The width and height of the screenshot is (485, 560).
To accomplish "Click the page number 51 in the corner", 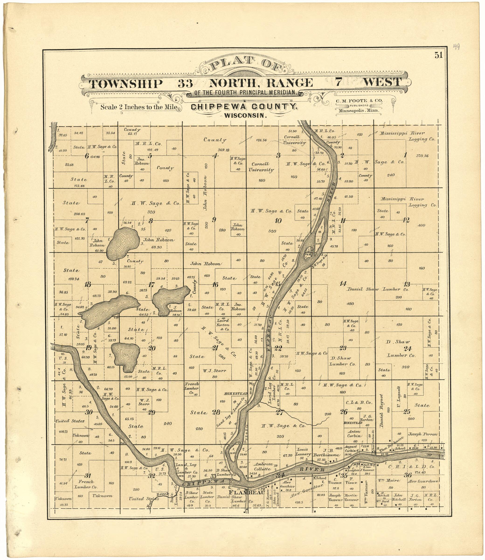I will (x=438, y=55).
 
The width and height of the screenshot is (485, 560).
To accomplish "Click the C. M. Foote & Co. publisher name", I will (x=359, y=101).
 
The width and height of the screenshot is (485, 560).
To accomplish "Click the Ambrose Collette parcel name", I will (x=263, y=467).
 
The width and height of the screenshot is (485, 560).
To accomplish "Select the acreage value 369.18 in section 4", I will (x=223, y=150).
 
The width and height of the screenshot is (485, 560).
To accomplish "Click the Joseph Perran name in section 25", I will (x=422, y=434).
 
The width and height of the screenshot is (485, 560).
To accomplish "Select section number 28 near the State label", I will (x=216, y=412).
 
